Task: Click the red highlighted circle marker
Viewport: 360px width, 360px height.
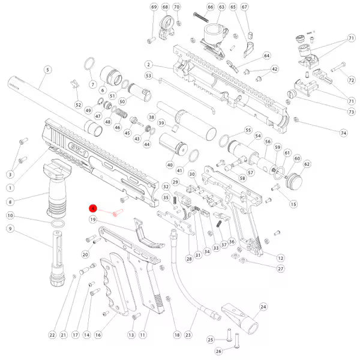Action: pyautogui.click(x=94, y=208)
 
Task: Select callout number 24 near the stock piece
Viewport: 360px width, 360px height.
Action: pyautogui.click(x=262, y=307)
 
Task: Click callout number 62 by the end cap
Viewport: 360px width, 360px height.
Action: pyautogui.click(x=307, y=164)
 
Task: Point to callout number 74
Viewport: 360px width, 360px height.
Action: pyautogui.click(x=344, y=133)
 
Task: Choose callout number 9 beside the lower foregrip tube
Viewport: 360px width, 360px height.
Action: pyautogui.click(x=10, y=229)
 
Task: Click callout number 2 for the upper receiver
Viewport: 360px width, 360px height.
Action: pyautogui.click(x=147, y=65)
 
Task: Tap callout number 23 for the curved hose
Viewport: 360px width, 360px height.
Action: pyautogui.click(x=188, y=334)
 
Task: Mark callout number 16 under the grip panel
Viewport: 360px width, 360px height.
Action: pyautogui.click(x=98, y=334)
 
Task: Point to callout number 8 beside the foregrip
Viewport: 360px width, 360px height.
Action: pyautogui.click(x=10, y=202)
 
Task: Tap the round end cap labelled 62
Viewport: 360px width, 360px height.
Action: pyautogui.click(x=296, y=179)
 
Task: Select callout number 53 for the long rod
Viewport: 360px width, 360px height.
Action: pyautogui.click(x=148, y=76)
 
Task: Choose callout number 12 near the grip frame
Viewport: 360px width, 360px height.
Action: pyautogui.click(x=280, y=257)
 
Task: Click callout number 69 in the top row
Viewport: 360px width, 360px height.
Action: pyautogui.click(x=154, y=7)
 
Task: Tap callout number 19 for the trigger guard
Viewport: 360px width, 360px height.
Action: pyautogui.click(x=94, y=220)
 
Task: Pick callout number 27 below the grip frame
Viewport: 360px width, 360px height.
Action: pyautogui.click(x=280, y=269)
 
